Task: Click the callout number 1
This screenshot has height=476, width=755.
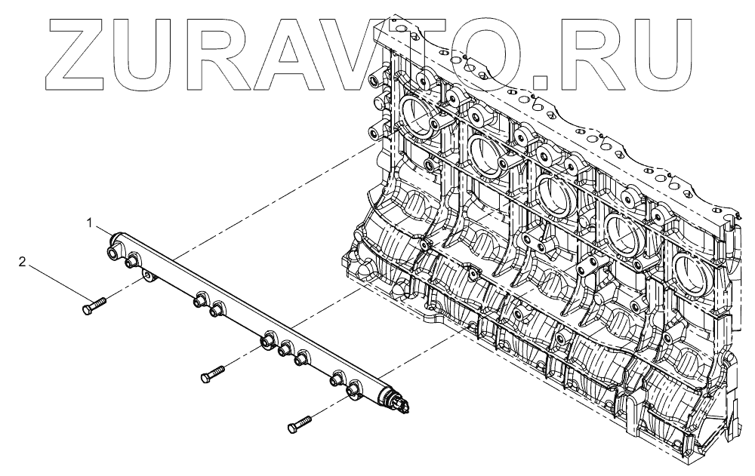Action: [x=89, y=223]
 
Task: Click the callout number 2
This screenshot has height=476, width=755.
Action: [x=23, y=263]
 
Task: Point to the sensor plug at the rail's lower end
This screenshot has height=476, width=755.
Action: [x=402, y=404]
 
